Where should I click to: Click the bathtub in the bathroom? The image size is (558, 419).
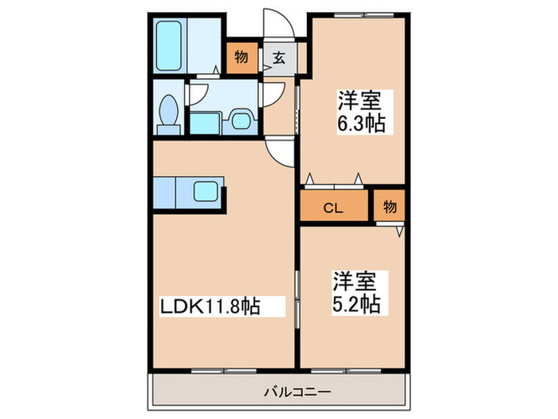pos(169,45)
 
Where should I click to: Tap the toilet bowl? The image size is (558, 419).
pos(169,110)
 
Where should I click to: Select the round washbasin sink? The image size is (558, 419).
pos(241,121)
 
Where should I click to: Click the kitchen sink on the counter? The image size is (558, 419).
pos(206,192)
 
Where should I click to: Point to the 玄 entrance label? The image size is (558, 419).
pos(279,57)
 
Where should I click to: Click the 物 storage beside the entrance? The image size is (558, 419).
pos(242,57)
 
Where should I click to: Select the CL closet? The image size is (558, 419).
pos(333,206)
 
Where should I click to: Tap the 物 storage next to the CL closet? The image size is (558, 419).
pos(389,206)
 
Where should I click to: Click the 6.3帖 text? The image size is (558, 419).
pos(361,124)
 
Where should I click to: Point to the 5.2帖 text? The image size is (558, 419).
pos(356,305)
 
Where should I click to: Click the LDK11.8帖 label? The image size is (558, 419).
pos(210,306)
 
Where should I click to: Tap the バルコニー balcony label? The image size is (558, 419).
pos(297,393)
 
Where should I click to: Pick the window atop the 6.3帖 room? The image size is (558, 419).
pos(364,15)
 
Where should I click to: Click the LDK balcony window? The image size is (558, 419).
pos(224,371)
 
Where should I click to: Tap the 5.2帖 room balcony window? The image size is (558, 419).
pos(346,371)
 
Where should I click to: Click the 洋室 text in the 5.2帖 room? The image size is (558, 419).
pos(355,281)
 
